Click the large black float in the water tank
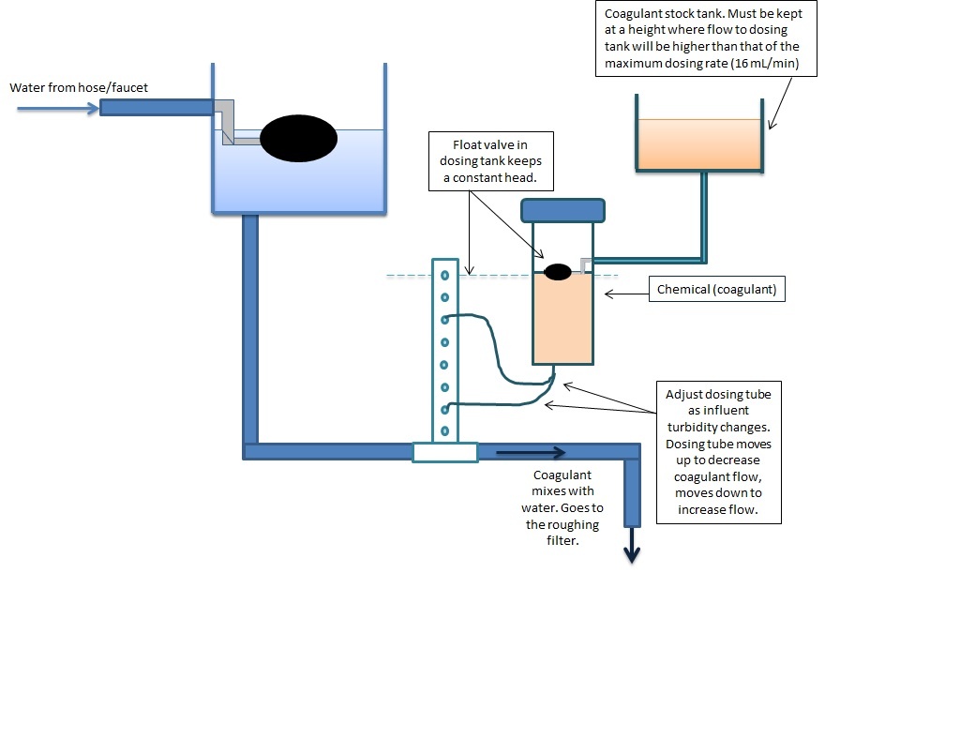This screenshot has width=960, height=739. point(298,139)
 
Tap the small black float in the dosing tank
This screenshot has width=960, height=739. point(557,272)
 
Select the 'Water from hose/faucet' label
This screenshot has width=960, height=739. point(79,87)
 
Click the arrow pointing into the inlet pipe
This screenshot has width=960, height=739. point(58,109)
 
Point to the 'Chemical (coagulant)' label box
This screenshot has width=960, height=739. point(716,289)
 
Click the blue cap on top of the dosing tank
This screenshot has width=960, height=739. point(562,210)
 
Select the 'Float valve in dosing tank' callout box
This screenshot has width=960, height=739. point(491,161)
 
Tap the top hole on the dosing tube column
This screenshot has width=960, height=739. point(445,276)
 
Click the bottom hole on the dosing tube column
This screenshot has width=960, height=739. point(445,431)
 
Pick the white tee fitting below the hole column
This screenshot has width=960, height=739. point(445,452)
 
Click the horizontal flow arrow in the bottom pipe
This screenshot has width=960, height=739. point(531,453)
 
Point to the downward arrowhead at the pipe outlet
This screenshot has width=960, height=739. point(632,553)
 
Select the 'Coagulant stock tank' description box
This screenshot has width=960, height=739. point(706,38)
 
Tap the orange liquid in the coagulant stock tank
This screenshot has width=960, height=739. point(699,143)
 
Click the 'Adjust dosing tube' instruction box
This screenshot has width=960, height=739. point(719,452)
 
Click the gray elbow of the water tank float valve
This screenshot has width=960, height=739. point(226,122)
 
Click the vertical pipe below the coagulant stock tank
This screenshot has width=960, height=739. point(704,215)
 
